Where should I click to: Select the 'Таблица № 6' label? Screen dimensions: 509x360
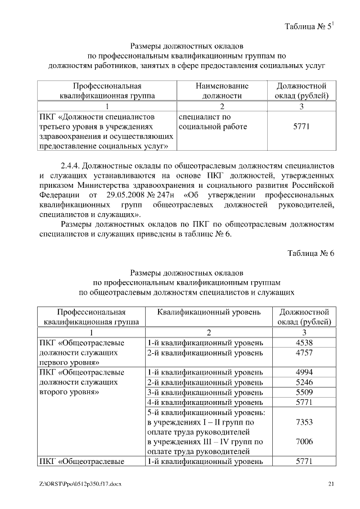pos(310,253)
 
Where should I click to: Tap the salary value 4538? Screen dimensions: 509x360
pos(304,343)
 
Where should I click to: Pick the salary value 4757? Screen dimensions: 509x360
pos(304,353)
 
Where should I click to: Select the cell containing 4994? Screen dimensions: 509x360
pos(304,372)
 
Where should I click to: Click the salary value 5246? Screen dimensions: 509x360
pos(304,382)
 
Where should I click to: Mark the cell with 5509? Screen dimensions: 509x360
pos(304,392)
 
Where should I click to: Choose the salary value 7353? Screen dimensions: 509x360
pos(304,422)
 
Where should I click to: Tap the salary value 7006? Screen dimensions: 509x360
pos(304,442)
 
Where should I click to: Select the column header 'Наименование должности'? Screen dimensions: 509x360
pos(222,91)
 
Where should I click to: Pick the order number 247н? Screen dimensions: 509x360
pos(166,194)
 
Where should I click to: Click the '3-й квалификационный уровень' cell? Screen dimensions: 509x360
pos(205,392)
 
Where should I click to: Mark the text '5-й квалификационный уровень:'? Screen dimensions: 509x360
pos(206,412)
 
